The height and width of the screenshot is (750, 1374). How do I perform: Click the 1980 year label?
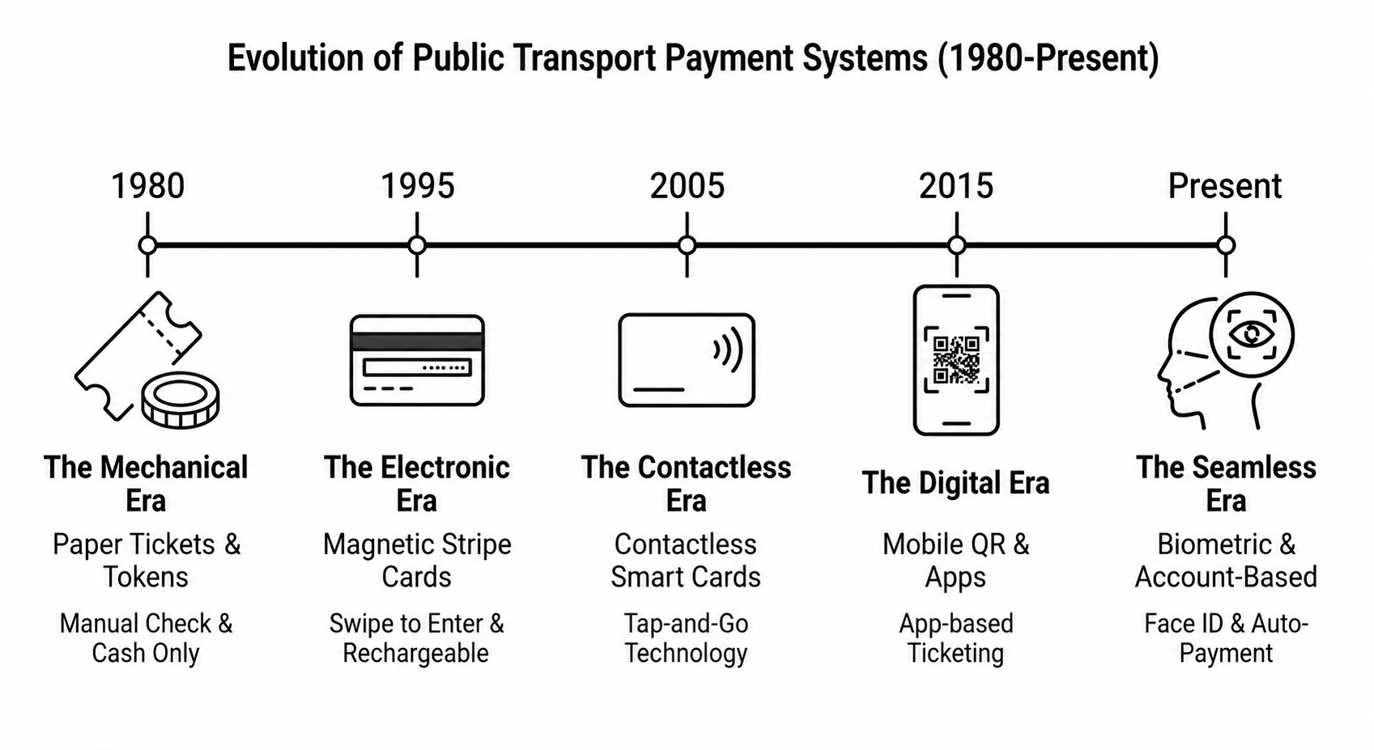click(x=148, y=186)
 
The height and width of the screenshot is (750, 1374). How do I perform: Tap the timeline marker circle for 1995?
click(x=417, y=245)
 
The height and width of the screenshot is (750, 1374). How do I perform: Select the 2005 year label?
click(x=687, y=186)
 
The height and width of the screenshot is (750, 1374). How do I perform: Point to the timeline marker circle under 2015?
click(x=957, y=245)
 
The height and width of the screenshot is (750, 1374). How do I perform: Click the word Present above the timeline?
click(x=1225, y=186)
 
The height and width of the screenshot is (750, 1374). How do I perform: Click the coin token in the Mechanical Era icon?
click(x=181, y=400)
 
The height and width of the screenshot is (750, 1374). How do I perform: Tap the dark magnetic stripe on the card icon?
click(x=417, y=342)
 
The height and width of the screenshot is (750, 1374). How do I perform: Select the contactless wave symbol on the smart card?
click(x=728, y=350)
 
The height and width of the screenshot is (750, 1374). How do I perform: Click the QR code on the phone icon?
click(x=956, y=360)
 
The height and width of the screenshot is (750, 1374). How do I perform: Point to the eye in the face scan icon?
click(x=1252, y=335)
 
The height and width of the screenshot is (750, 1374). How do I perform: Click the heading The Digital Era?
click(x=955, y=483)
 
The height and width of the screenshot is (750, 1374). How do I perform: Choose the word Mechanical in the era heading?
click(x=173, y=468)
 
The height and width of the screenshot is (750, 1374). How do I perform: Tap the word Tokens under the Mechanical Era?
click(x=146, y=577)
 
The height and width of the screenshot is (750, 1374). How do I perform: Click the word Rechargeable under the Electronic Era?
click(x=416, y=654)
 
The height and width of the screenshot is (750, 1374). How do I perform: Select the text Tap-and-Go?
click(x=686, y=624)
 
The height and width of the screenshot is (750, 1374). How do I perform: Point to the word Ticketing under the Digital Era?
click(x=955, y=654)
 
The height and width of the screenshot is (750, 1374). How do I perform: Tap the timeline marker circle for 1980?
click(x=147, y=245)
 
